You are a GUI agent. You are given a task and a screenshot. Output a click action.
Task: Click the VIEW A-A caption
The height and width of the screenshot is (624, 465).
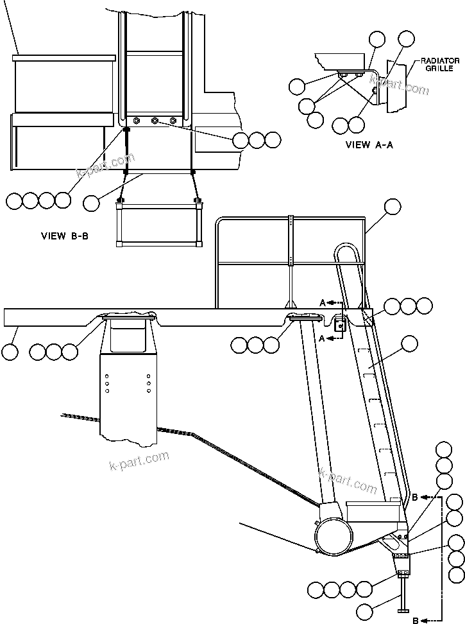pyautogui.click(x=369, y=145)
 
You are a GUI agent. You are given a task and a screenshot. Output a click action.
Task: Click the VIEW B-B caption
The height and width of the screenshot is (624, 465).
pyautogui.click(x=64, y=236)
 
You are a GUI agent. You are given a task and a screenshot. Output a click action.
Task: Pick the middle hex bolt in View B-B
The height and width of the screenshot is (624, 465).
pyautogui.click(x=155, y=121)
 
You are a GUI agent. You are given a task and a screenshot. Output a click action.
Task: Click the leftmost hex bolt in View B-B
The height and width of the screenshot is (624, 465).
pyautogui.click(x=137, y=121)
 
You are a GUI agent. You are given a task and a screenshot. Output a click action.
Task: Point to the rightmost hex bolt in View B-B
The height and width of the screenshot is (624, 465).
pyautogui.click(x=173, y=121)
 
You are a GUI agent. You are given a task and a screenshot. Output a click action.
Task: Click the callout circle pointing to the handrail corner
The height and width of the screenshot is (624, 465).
pyautogui.click(x=391, y=207)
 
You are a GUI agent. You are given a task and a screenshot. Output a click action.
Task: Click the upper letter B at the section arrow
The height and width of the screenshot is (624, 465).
pyautogui.click(x=416, y=497)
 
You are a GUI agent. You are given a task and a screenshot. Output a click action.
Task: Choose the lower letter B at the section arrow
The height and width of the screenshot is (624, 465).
pyautogui.click(x=416, y=620)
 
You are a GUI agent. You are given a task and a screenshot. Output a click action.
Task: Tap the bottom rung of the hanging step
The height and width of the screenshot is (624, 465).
pyautogui.click(x=158, y=243)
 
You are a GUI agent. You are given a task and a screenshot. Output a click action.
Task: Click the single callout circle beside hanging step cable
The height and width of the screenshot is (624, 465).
pyautogui.click(x=92, y=203)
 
